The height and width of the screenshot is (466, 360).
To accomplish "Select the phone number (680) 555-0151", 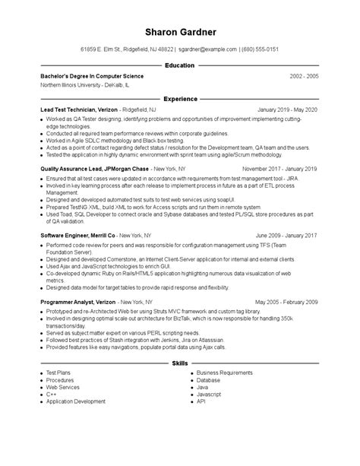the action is coord(261,49).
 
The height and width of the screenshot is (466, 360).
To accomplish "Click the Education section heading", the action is coord(179,66).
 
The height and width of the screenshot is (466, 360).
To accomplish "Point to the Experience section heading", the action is coord(179,99).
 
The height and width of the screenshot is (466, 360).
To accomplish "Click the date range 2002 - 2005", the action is coord(304,77).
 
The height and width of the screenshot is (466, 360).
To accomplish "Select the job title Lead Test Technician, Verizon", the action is coord(81,109).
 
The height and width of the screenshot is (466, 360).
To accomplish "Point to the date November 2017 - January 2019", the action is coord(279,168).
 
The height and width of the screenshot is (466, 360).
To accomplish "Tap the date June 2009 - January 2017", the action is coord(286,236).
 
